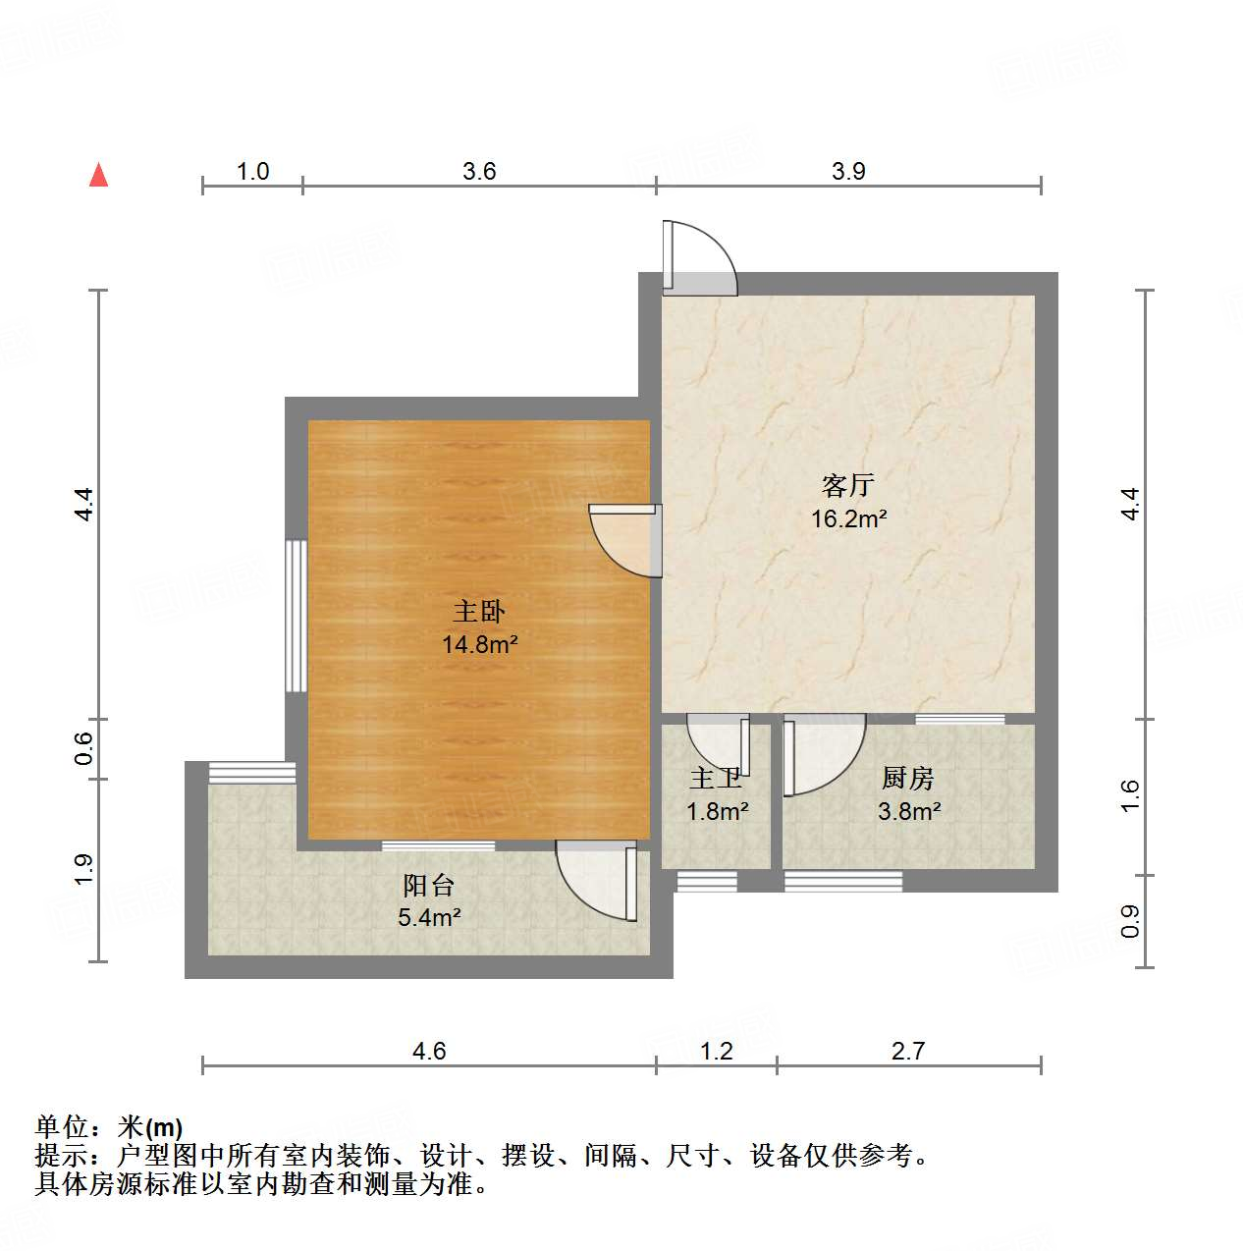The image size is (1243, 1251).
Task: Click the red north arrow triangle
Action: pos(98,175)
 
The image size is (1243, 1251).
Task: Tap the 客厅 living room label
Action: pos(847,485)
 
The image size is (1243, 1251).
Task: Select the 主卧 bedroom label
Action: pos(478,612)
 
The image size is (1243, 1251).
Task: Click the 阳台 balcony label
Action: pos(429,886)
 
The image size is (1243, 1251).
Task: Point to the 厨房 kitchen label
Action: pos(907,779)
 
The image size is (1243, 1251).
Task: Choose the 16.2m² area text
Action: pos(848,518)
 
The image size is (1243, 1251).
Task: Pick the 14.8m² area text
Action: pos(479,645)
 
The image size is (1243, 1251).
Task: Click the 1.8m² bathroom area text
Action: pos(717,812)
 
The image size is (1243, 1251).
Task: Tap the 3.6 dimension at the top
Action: pos(479,172)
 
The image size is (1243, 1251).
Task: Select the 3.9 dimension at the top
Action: pos(848,172)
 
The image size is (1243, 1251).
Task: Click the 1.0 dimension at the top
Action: pos(252,172)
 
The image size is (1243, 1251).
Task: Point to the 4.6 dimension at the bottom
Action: pos(429,1052)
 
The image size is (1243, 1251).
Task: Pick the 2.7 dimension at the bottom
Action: pos(908,1052)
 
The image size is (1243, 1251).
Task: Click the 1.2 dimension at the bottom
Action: pos(717,1052)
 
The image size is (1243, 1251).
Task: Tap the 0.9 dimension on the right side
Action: pos(1131,921)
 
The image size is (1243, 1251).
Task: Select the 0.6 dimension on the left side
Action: pos(84,749)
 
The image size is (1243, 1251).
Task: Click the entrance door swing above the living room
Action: pos(698,257)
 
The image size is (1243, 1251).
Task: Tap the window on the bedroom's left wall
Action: pos(296,616)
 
